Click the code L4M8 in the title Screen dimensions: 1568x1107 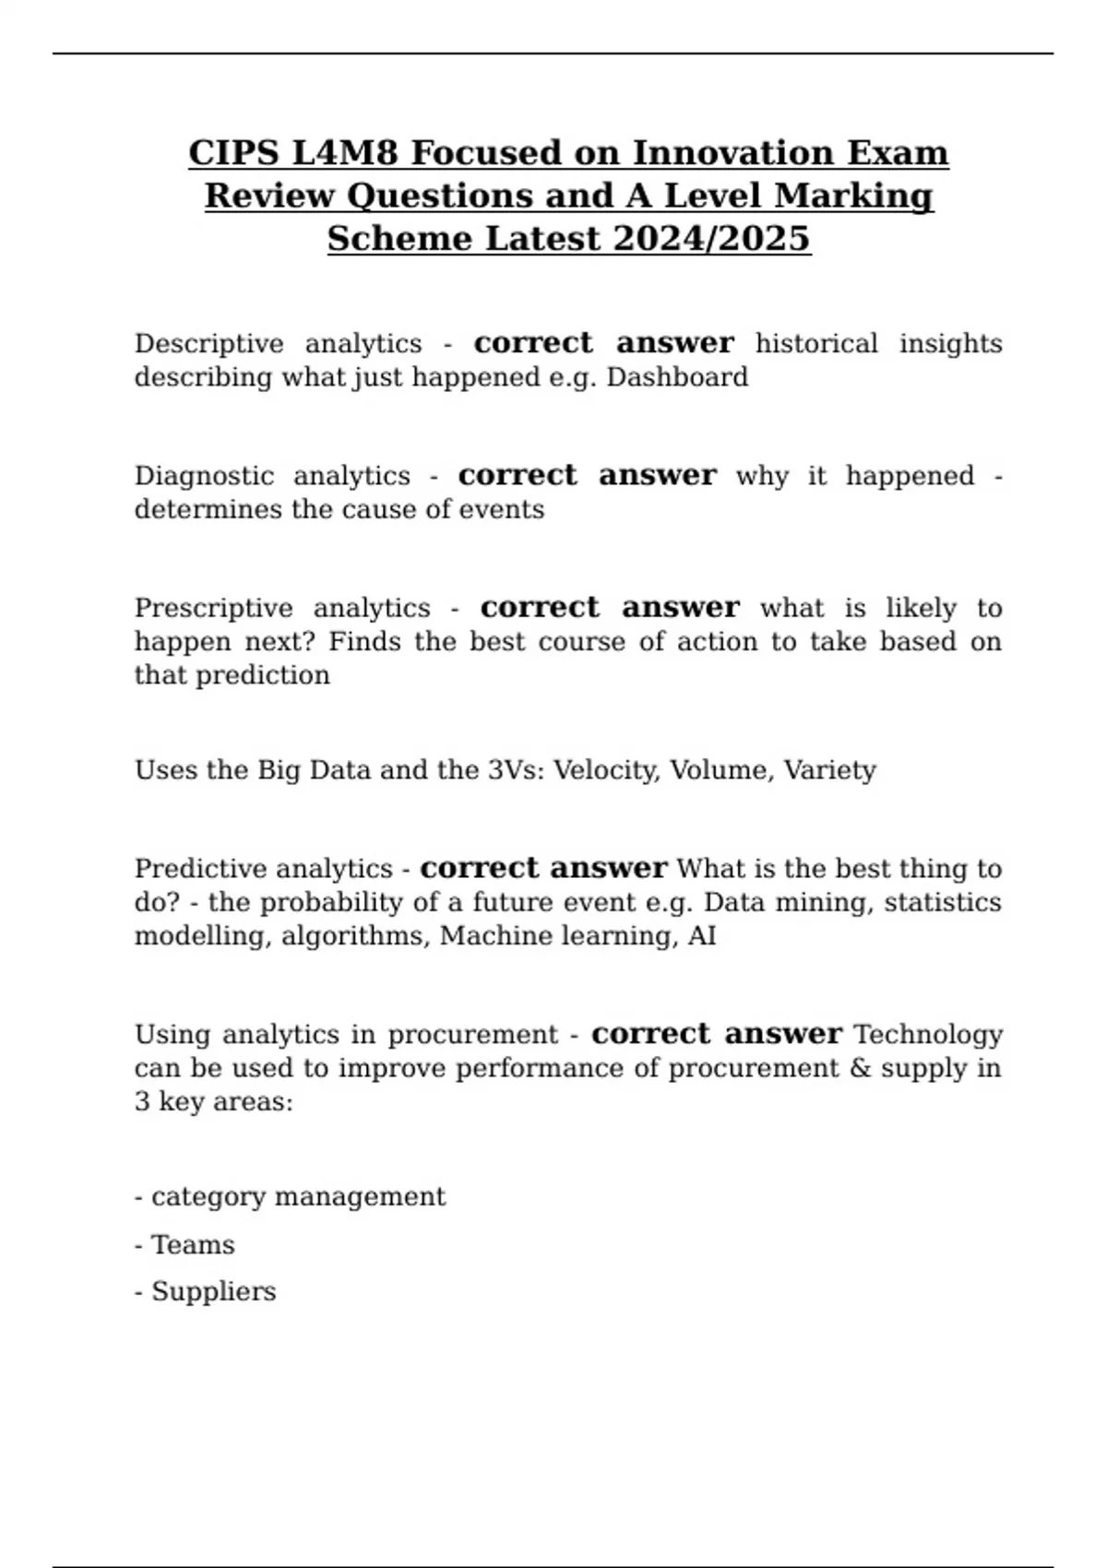pos(345,152)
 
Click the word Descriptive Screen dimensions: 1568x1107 pos(208,344)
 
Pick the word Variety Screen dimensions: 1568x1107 pos(829,770)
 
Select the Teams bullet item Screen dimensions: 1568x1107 pos(192,1245)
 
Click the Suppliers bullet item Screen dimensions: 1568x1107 pos(213,1291)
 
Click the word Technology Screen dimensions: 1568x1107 pos(928,1035)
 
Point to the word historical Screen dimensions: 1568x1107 pos(816,344)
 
